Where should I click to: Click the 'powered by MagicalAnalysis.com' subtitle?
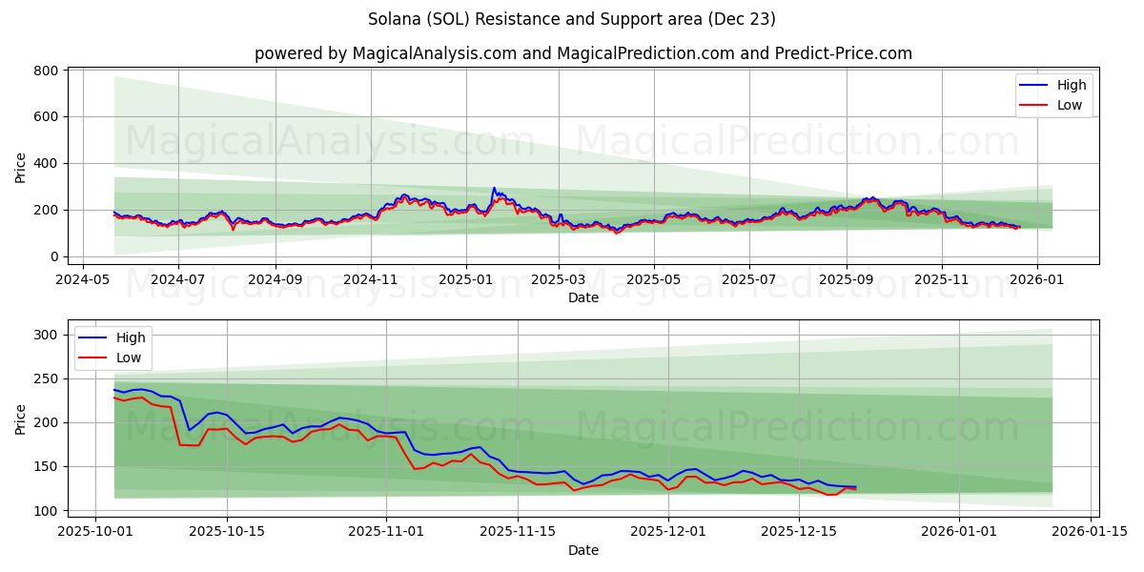point(582,53)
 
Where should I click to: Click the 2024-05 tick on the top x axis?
point(82,280)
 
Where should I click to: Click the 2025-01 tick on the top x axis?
point(466,280)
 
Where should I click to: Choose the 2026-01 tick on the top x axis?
point(1036,280)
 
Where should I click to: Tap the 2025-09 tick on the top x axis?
point(847,280)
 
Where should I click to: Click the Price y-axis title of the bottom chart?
point(21,419)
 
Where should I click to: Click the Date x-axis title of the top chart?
point(582,297)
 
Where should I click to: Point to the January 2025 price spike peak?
point(494,189)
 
